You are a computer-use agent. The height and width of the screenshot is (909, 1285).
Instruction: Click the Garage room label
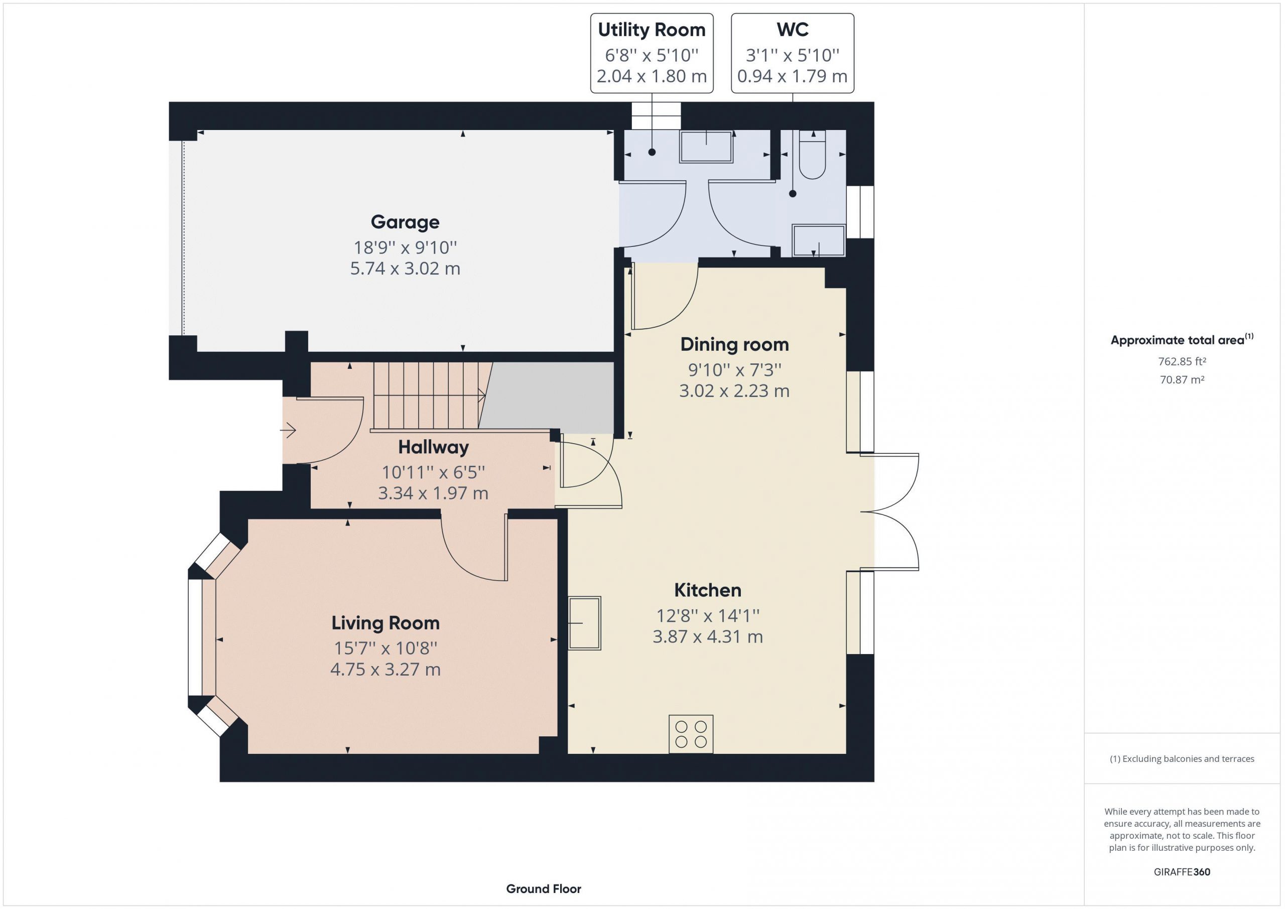(x=405, y=222)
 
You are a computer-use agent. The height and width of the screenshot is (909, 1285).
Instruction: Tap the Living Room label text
(x=385, y=623)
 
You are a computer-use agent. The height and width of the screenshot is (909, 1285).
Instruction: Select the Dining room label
(x=734, y=344)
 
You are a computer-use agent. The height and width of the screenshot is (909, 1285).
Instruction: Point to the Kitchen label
(x=707, y=590)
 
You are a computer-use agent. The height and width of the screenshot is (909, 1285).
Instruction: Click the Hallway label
(x=433, y=447)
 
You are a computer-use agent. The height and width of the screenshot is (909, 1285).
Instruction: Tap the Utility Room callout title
(x=652, y=30)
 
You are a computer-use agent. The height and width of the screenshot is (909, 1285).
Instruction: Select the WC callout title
(x=793, y=29)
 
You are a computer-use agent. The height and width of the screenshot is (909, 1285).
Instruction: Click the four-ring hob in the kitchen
(x=691, y=734)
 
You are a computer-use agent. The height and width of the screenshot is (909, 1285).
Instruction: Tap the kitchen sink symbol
(x=585, y=623)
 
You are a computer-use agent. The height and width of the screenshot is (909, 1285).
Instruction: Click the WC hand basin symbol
(x=818, y=241)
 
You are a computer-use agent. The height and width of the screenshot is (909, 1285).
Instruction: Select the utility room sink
(x=706, y=147)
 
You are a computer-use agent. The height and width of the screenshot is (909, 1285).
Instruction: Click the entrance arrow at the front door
(x=288, y=431)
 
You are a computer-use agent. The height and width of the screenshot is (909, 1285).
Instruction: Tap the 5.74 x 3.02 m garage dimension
(x=405, y=269)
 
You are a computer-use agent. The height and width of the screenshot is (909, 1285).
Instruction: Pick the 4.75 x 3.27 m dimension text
(x=385, y=670)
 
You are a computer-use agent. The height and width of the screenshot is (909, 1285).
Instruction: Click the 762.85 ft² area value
(x=1182, y=361)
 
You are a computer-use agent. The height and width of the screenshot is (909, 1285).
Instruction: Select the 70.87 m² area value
(x=1182, y=379)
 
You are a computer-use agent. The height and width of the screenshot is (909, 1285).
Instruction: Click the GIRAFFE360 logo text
(x=1182, y=872)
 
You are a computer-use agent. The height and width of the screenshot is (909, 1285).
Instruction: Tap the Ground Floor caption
(x=544, y=889)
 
